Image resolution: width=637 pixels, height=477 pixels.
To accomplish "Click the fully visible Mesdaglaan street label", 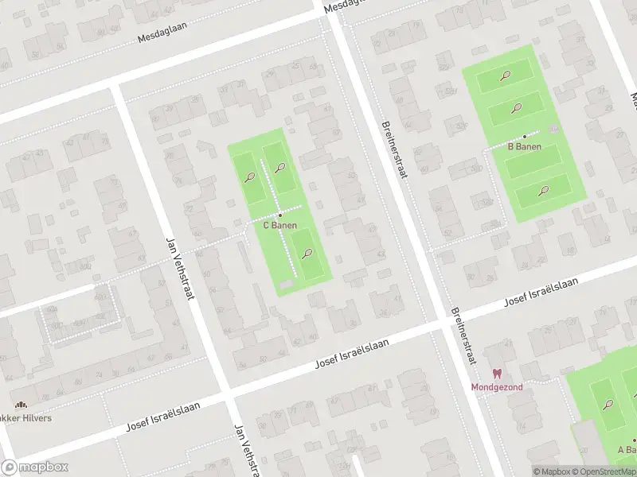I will point(162,37).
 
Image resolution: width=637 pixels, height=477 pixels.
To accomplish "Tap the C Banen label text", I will point(280,225).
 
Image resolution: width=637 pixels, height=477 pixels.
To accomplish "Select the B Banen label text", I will point(525,146).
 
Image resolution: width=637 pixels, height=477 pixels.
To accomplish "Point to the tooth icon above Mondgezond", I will point(498,374).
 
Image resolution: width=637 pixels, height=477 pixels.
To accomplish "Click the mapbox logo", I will point(35,467).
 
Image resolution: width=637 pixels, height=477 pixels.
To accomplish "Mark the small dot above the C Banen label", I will point(280,215).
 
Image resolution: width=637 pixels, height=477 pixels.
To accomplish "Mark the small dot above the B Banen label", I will point(524,137).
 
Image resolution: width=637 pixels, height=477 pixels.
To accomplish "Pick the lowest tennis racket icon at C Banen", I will point(307,254).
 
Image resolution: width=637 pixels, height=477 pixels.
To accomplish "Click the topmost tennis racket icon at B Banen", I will point(505,76).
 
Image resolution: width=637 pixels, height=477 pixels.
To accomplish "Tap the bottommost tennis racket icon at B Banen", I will point(543,190).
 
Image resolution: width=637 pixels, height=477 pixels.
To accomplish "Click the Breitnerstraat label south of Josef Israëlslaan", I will point(463,335).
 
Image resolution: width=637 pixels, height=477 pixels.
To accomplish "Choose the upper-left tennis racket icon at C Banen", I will point(250,177).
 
